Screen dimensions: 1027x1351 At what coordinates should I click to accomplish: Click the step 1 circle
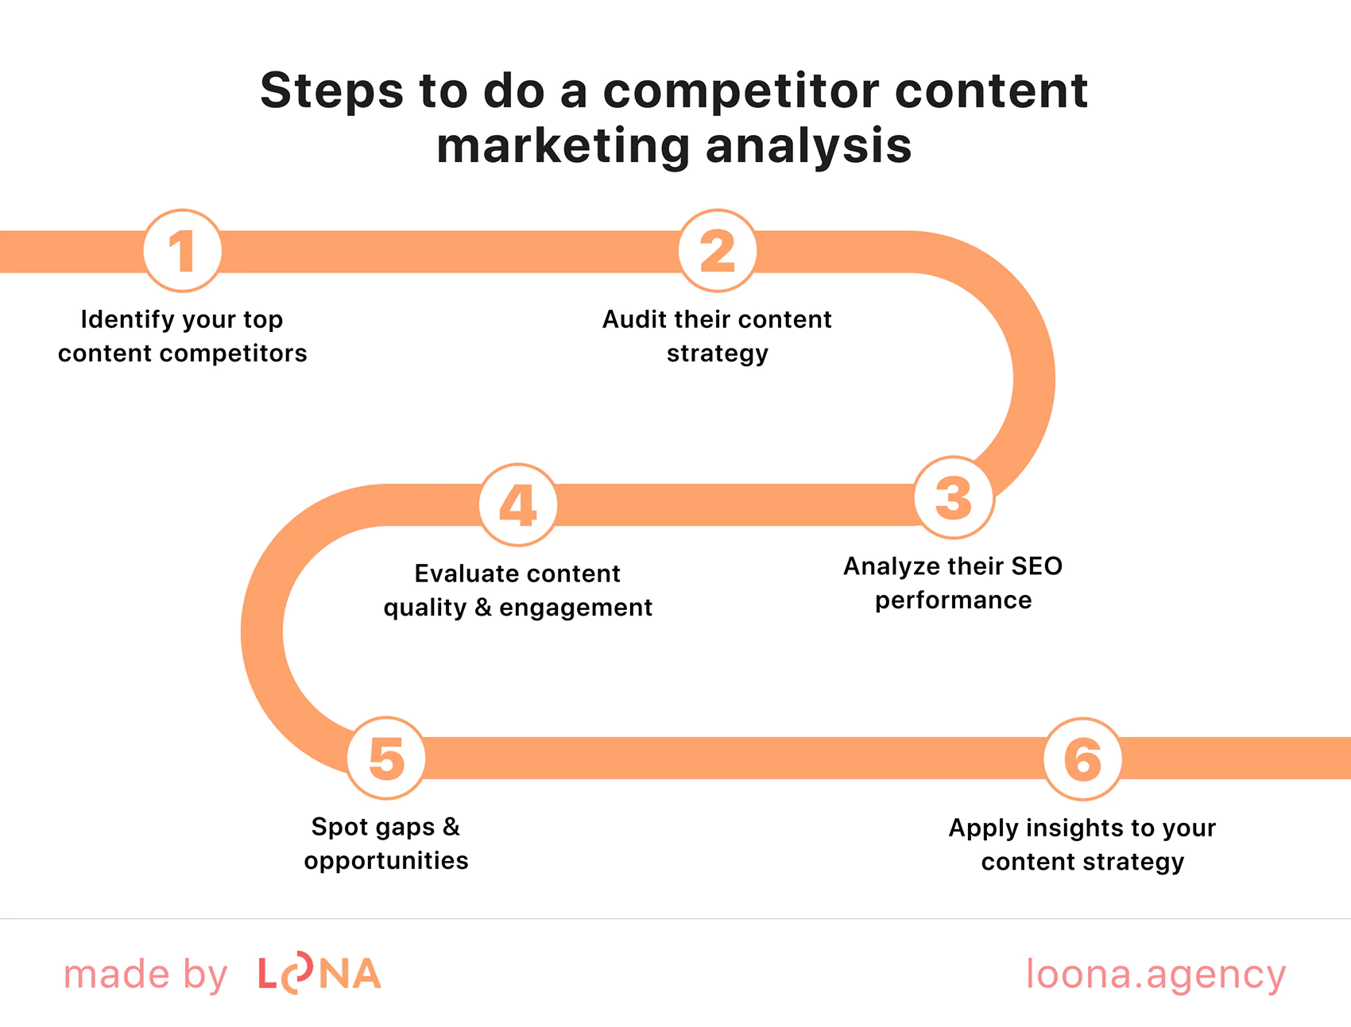[182, 251]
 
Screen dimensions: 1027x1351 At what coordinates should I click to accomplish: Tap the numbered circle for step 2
[717, 251]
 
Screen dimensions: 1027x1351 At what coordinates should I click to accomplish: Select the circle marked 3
[954, 498]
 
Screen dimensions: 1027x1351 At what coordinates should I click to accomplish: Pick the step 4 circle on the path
[518, 505]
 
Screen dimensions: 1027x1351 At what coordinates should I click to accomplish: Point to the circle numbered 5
[386, 758]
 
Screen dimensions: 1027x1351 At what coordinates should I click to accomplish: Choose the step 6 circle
[1082, 759]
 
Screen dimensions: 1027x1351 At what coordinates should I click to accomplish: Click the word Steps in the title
[332, 91]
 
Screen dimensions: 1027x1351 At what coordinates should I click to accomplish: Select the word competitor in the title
[742, 91]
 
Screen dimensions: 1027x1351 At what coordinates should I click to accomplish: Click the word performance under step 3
[953, 600]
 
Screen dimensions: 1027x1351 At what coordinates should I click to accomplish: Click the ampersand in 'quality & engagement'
[483, 608]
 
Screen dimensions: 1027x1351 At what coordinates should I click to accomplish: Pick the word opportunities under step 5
[386, 861]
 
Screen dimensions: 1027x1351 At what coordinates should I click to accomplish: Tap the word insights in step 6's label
[1077, 828]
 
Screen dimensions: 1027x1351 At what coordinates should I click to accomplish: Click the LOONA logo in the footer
[319, 974]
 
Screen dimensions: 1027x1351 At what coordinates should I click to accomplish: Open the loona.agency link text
[1156, 974]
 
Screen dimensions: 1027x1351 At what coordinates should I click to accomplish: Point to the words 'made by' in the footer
[145, 975]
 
